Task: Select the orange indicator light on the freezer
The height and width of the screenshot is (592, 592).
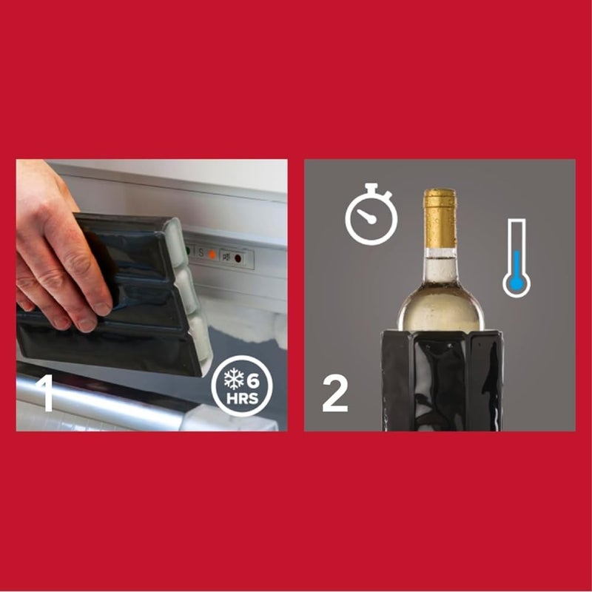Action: coord(212,254)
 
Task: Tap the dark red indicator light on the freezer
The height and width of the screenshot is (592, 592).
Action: coord(238,258)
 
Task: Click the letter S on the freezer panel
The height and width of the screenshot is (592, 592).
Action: coord(200,252)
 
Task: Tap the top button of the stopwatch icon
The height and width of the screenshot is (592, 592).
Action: coord(371,187)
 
